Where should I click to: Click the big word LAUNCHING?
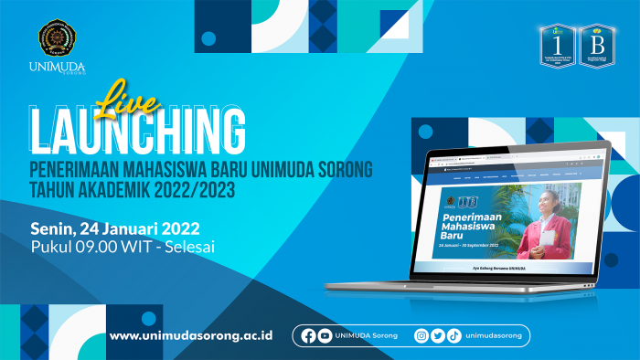[x=137, y=131]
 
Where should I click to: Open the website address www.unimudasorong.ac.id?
[x=191, y=335]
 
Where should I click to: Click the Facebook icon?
[x=308, y=335]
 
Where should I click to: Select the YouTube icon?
[x=325, y=335]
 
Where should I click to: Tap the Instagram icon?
[x=421, y=335]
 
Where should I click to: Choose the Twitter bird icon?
[x=438, y=335]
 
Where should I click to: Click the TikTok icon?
[x=453, y=335]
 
